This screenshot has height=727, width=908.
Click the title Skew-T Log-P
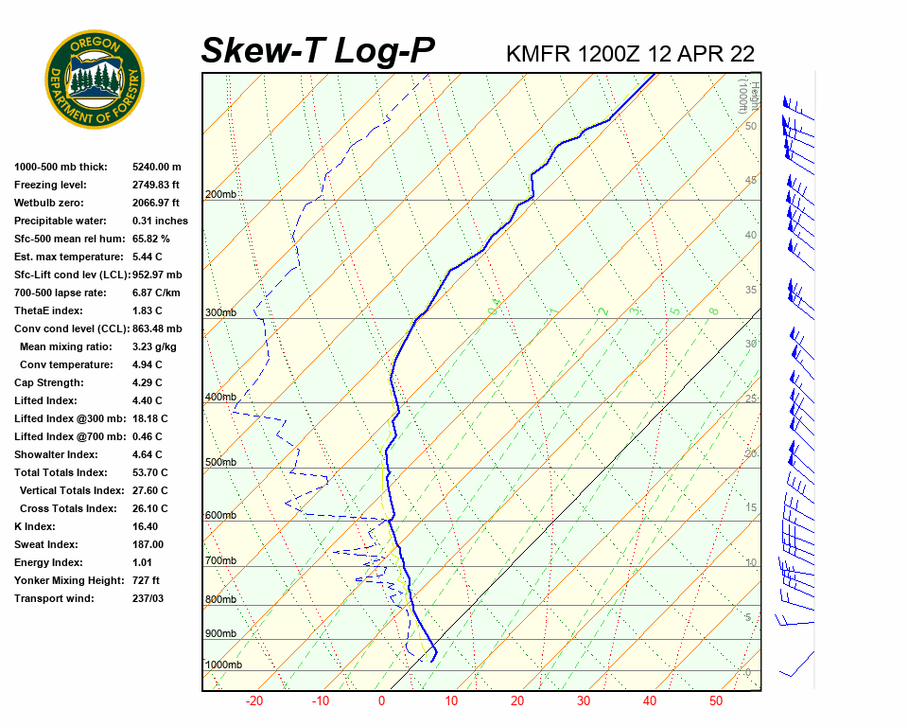click(318, 51)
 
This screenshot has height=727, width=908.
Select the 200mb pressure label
click(220, 195)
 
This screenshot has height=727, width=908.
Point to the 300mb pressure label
click(220, 313)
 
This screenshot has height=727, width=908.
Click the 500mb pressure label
click(220, 463)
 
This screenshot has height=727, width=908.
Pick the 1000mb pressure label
click(223, 665)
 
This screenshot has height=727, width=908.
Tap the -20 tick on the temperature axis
click(254, 701)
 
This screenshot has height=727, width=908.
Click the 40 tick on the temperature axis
click(650, 701)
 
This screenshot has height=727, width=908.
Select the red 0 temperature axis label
click(382, 701)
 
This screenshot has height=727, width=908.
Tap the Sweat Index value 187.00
click(148, 544)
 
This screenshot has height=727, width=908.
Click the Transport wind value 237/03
click(148, 598)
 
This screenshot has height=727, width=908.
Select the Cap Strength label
click(48, 382)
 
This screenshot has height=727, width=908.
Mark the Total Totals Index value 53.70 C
click(149, 472)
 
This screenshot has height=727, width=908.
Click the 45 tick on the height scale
click(750, 181)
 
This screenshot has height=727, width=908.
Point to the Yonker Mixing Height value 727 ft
click(146, 580)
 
